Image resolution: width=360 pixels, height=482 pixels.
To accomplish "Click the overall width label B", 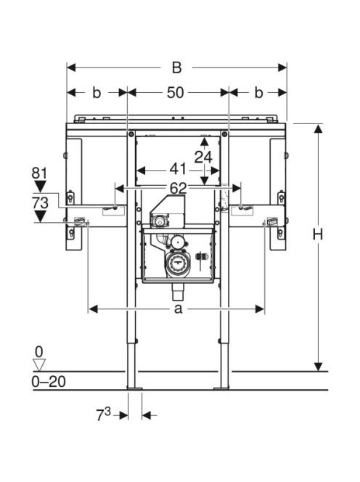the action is tap(177, 68).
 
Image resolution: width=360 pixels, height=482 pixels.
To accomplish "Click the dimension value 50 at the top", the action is tap(176, 92).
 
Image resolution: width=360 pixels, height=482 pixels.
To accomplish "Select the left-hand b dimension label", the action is tap(97, 92).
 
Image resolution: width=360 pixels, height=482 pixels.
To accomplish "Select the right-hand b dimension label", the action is tap(259, 92).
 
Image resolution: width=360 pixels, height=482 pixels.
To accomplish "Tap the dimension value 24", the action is tap(203, 158).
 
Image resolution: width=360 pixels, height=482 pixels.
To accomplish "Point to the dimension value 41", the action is tap(178, 169).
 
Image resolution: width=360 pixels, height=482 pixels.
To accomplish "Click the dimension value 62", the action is tap(179, 189).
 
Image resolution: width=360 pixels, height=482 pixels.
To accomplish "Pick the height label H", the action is tap(318, 235).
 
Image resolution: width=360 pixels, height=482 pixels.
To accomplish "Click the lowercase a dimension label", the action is tap(179, 309).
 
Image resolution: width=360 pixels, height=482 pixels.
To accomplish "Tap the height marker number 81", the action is tap(40, 173).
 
